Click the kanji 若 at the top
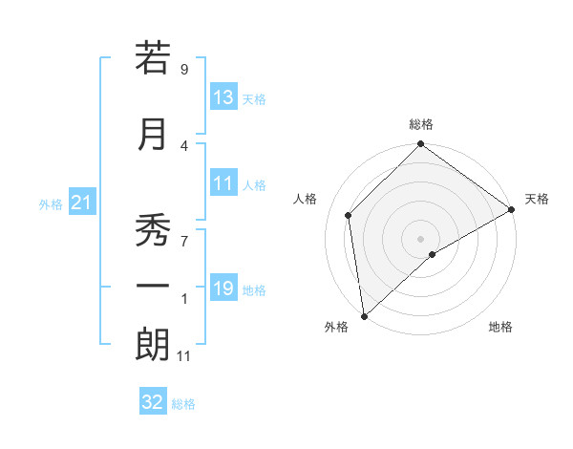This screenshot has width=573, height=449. tap(153, 58)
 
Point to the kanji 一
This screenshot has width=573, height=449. tap(153, 286)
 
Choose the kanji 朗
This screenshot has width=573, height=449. tap(153, 345)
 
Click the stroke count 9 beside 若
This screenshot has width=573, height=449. tap(184, 69)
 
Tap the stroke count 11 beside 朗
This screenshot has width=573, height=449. tap(184, 356)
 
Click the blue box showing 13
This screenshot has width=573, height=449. tap(223, 97)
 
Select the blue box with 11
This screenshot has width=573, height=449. tap(223, 184)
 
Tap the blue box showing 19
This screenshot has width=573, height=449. tap(223, 289)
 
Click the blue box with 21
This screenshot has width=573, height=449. tap(81, 203)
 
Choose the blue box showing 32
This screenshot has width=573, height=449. tap(153, 402)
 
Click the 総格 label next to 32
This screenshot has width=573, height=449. tap(183, 404)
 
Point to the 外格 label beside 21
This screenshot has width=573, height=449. tap(50, 204)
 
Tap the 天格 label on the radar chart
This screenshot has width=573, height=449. tap(537, 199)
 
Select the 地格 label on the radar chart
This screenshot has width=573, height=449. tap(500, 327)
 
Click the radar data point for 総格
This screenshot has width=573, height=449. tap(421, 145)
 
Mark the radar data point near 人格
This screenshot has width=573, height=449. tap(349, 215)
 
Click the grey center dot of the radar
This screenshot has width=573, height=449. tap(421, 238)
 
